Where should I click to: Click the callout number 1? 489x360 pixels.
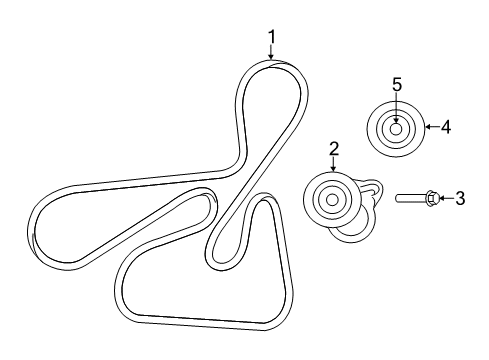pyautogui.click(x=271, y=39)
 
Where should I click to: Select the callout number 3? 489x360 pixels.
pyautogui.click(x=460, y=199)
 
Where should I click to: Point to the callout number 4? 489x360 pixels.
pyautogui.click(x=446, y=127)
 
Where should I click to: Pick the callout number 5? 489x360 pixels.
pyautogui.click(x=397, y=85)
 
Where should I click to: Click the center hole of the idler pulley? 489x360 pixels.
pyautogui.click(x=397, y=128)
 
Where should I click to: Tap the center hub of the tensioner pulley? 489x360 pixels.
pyautogui.click(x=329, y=199)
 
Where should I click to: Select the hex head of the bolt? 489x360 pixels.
pyautogui.click(x=430, y=199)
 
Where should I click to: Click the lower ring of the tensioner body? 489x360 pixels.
pyautogui.click(x=350, y=232)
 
